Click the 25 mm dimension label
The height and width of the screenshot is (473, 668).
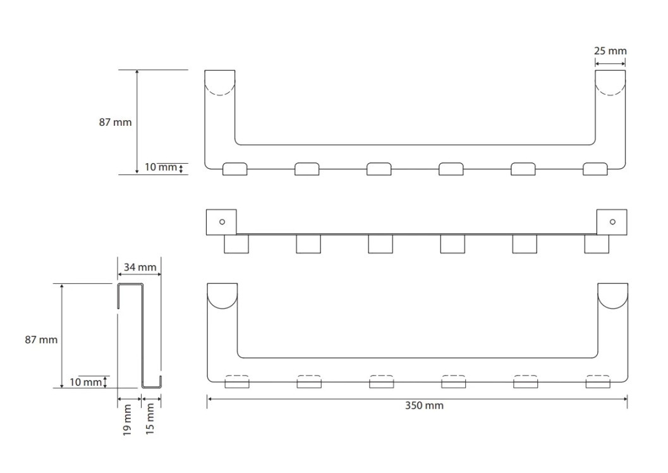point(610,51)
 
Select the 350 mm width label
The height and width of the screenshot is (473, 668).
point(424,405)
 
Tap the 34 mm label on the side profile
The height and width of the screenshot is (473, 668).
point(140,267)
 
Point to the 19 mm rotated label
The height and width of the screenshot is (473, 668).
point(127,420)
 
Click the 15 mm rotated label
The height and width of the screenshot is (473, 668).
point(150,419)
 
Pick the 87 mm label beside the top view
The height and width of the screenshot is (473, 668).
point(115,122)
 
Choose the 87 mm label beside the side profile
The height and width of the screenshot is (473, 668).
point(41,340)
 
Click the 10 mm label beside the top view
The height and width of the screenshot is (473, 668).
point(161,167)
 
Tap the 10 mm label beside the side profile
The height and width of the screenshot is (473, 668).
point(85,382)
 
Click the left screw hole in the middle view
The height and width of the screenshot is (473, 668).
point(222,222)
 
